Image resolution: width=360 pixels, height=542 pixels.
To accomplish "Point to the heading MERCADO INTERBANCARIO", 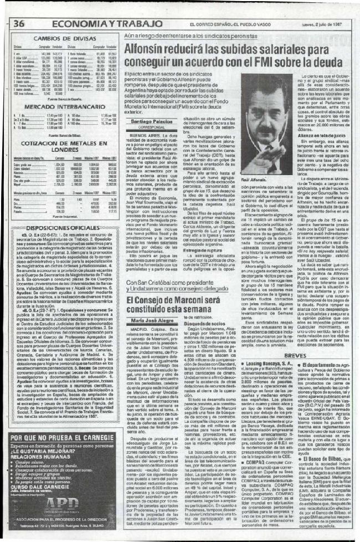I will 63,105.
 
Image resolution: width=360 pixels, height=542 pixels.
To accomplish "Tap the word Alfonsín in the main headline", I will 145,49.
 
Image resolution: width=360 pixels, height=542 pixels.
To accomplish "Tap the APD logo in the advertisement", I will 64,503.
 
